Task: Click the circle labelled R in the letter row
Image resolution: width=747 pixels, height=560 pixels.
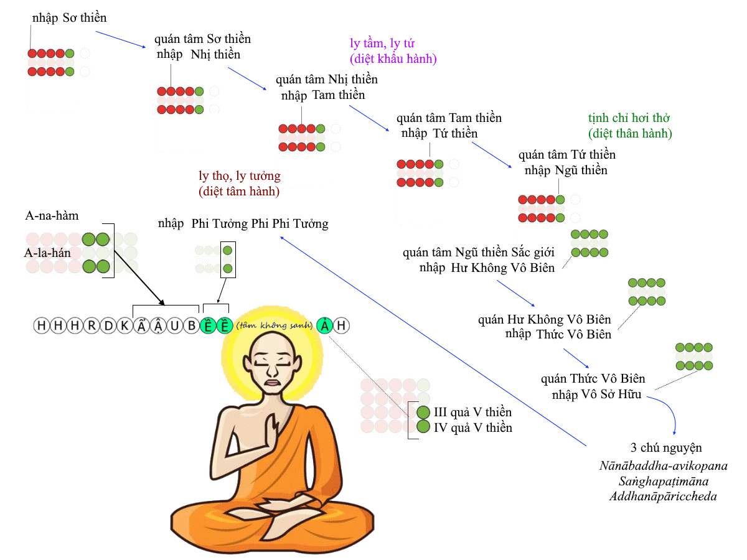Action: click(x=92, y=325)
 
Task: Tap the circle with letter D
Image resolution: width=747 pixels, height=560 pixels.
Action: click(x=108, y=325)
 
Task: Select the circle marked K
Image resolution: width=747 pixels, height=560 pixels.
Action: click(x=125, y=325)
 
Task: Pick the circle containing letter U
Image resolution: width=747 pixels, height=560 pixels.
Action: click(x=175, y=325)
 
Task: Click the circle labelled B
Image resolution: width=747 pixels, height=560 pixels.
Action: click(x=192, y=325)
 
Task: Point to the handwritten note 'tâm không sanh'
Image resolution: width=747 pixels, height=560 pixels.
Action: click(x=275, y=325)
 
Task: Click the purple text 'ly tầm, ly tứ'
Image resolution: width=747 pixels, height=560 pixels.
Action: click(x=382, y=43)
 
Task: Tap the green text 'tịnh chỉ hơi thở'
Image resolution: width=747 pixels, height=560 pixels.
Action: click(x=629, y=118)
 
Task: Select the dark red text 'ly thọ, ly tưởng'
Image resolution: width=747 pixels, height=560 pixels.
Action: click(x=240, y=176)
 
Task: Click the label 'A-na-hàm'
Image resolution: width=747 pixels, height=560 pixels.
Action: click(x=52, y=215)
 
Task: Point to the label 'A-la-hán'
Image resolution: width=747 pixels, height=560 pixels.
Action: click(x=47, y=253)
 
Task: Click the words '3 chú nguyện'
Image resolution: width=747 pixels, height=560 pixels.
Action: click(x=666, y=448)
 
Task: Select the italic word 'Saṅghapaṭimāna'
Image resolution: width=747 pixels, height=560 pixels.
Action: click(x=664, y=481)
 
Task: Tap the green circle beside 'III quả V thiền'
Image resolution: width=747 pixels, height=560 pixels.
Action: click(x=423, y=412)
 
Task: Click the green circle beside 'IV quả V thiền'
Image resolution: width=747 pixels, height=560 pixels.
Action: click(x=423, y=426)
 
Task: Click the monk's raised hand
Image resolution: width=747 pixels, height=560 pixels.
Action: click(x=272, y=429)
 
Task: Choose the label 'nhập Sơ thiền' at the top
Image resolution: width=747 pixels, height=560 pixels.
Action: click(x=70, y=17)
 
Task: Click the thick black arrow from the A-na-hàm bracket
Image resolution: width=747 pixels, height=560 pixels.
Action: click(x=139, y=278)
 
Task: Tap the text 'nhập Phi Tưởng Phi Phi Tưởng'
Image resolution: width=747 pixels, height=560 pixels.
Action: click(x=243, y=224)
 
